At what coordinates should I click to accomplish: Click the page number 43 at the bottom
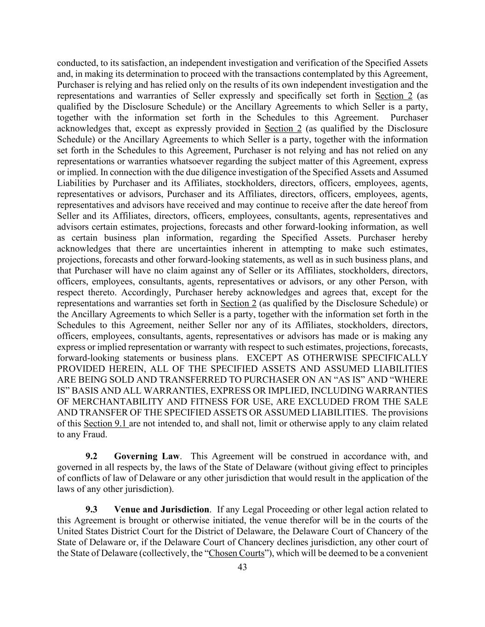click(242, 567)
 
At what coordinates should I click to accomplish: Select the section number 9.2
click(91, 457)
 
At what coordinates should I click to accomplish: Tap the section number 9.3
click(91, 509)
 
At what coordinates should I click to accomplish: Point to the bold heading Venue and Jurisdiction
click(162, 509)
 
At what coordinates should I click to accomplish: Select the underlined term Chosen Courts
click(237, 553)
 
